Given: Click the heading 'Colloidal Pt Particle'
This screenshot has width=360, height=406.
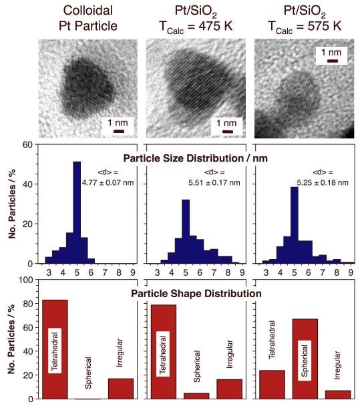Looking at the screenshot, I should click(89, 17).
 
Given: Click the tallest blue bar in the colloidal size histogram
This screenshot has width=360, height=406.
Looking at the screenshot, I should click(77, 212).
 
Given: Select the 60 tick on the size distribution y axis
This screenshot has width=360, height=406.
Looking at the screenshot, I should click(28, 144).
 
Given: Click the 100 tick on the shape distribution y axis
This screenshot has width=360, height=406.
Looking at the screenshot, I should click(26, 280).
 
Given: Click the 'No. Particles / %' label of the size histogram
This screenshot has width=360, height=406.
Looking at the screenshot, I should click(11, 204).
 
